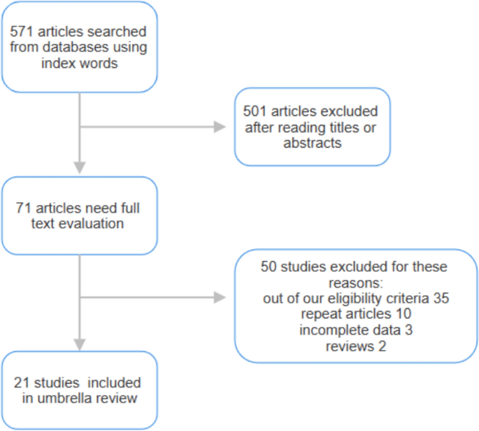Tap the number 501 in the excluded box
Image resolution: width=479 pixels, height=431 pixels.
255,111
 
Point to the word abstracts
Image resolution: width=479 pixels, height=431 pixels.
312,143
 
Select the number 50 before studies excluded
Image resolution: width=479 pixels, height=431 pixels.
269,267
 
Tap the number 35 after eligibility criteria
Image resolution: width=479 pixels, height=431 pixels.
441,298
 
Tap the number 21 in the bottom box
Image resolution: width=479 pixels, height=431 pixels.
22,383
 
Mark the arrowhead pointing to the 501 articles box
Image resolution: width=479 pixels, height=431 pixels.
220,127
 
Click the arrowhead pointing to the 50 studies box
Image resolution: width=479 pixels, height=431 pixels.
220,298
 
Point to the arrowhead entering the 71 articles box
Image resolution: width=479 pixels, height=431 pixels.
80,167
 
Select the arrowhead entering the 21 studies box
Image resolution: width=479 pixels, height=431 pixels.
80,344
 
